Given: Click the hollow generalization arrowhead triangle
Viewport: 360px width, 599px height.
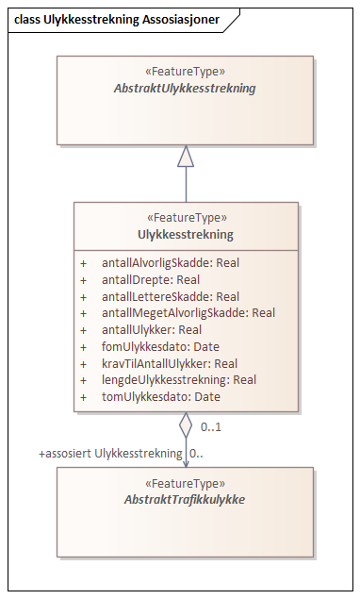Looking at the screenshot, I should (x=186, y=157).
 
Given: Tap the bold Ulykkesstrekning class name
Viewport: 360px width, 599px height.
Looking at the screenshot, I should (x=186, y=235).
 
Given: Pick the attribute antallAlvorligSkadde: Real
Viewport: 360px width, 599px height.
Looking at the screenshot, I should (x=171, y=263).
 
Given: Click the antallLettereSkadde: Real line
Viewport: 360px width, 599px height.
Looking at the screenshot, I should (x=171, y=296).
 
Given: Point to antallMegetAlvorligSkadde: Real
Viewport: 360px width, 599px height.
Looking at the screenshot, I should (x=188, y=313).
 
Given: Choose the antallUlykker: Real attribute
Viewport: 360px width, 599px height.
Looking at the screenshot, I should (x=152, y=330).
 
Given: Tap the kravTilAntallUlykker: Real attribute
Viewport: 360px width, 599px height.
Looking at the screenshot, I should (x=170, y=363).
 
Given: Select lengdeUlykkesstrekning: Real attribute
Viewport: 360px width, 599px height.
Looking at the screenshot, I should (x=179, y=380).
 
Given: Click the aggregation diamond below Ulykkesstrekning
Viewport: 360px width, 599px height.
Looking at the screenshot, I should (x=186, y=424).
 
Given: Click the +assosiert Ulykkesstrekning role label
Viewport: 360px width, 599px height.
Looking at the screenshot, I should (x=110, y=454).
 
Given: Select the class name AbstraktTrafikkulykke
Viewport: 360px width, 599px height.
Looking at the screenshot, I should (x=185, y=498).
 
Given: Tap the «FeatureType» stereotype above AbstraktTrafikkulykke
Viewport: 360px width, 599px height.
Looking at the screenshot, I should (x=185, y=481).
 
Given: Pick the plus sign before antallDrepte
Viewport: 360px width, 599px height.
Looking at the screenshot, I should (x=83, y=280).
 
